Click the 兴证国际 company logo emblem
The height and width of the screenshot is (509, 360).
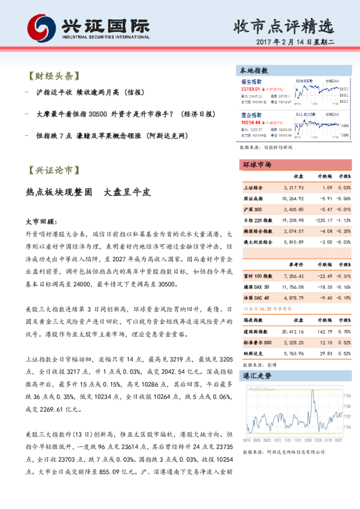pyautogui.click(x=39, y=27)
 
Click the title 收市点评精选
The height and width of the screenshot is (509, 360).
pyautogui.click(x=284, y=26)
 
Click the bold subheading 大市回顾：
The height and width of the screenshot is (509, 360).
pyautogui.click(x=42, y=222)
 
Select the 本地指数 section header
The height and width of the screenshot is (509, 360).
pyautogui.click(x=254, y=71)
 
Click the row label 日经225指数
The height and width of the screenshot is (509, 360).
pyautogui.click(x=257, y=220)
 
